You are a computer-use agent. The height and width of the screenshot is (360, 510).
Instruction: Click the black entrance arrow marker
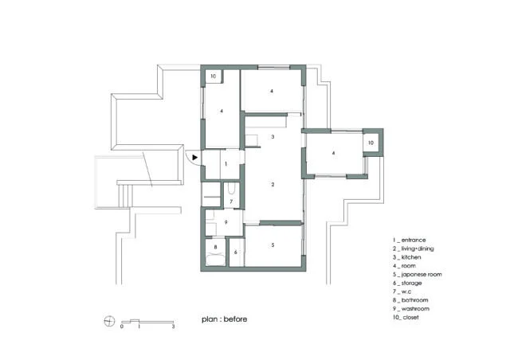click(194, 158)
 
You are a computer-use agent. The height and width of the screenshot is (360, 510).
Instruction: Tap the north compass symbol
click(109, 321)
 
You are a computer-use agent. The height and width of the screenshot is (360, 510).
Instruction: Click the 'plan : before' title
click(225, 319)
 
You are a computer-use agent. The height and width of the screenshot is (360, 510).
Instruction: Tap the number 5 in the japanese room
click(273, 245)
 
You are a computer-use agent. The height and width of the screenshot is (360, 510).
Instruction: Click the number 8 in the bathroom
click(215, 247)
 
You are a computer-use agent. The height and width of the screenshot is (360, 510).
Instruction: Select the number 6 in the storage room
click(236, 252)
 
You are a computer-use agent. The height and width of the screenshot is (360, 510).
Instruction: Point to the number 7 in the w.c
click(231, 202)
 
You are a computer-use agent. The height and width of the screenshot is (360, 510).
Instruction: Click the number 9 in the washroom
click(226, 222)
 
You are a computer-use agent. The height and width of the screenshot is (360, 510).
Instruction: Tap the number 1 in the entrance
click(226, 164)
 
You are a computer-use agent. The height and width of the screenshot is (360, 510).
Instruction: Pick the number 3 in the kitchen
click(273, 136)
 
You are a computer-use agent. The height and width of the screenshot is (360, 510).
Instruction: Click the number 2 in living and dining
click(273, 185)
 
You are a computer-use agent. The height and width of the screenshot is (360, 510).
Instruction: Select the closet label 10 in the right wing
click(371, 143)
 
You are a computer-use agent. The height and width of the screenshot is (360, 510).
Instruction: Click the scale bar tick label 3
click(174, 327)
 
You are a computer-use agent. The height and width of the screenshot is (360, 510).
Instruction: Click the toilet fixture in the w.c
click(231, 189)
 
